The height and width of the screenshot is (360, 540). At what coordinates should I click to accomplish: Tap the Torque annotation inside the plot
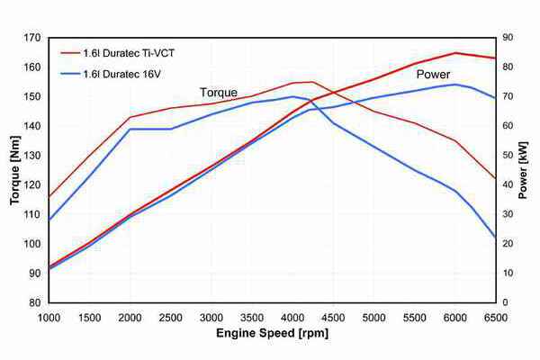coord(219,92)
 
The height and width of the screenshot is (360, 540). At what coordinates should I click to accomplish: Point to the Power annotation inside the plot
coord(432,75)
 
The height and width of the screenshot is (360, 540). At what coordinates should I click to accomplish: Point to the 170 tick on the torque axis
coord(32,38)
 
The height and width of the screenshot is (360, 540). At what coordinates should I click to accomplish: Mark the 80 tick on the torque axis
coord(35,303)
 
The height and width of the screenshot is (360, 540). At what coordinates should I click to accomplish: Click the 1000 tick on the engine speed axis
coord(49,317)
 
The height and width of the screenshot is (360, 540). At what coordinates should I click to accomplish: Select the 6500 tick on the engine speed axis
coord(495,317)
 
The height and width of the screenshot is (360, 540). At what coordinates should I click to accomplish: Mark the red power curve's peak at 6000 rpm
coord(455,53)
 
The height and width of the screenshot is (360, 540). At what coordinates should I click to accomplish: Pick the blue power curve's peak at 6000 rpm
coord(455,85)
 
